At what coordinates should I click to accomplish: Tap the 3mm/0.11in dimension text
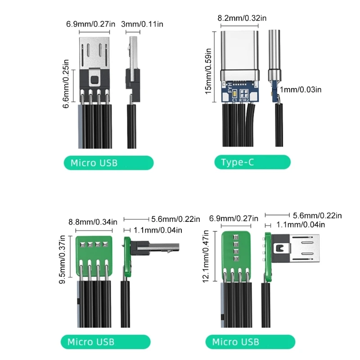pos(142,24)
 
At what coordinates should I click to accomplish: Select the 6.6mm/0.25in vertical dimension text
pos(67,84)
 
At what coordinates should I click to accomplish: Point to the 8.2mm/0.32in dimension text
pos(242,18)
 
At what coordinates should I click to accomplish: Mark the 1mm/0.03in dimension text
pos(301,90)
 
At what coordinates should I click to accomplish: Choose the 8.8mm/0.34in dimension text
pos(93,221)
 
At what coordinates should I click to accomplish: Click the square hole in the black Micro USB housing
pos(94,80)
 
